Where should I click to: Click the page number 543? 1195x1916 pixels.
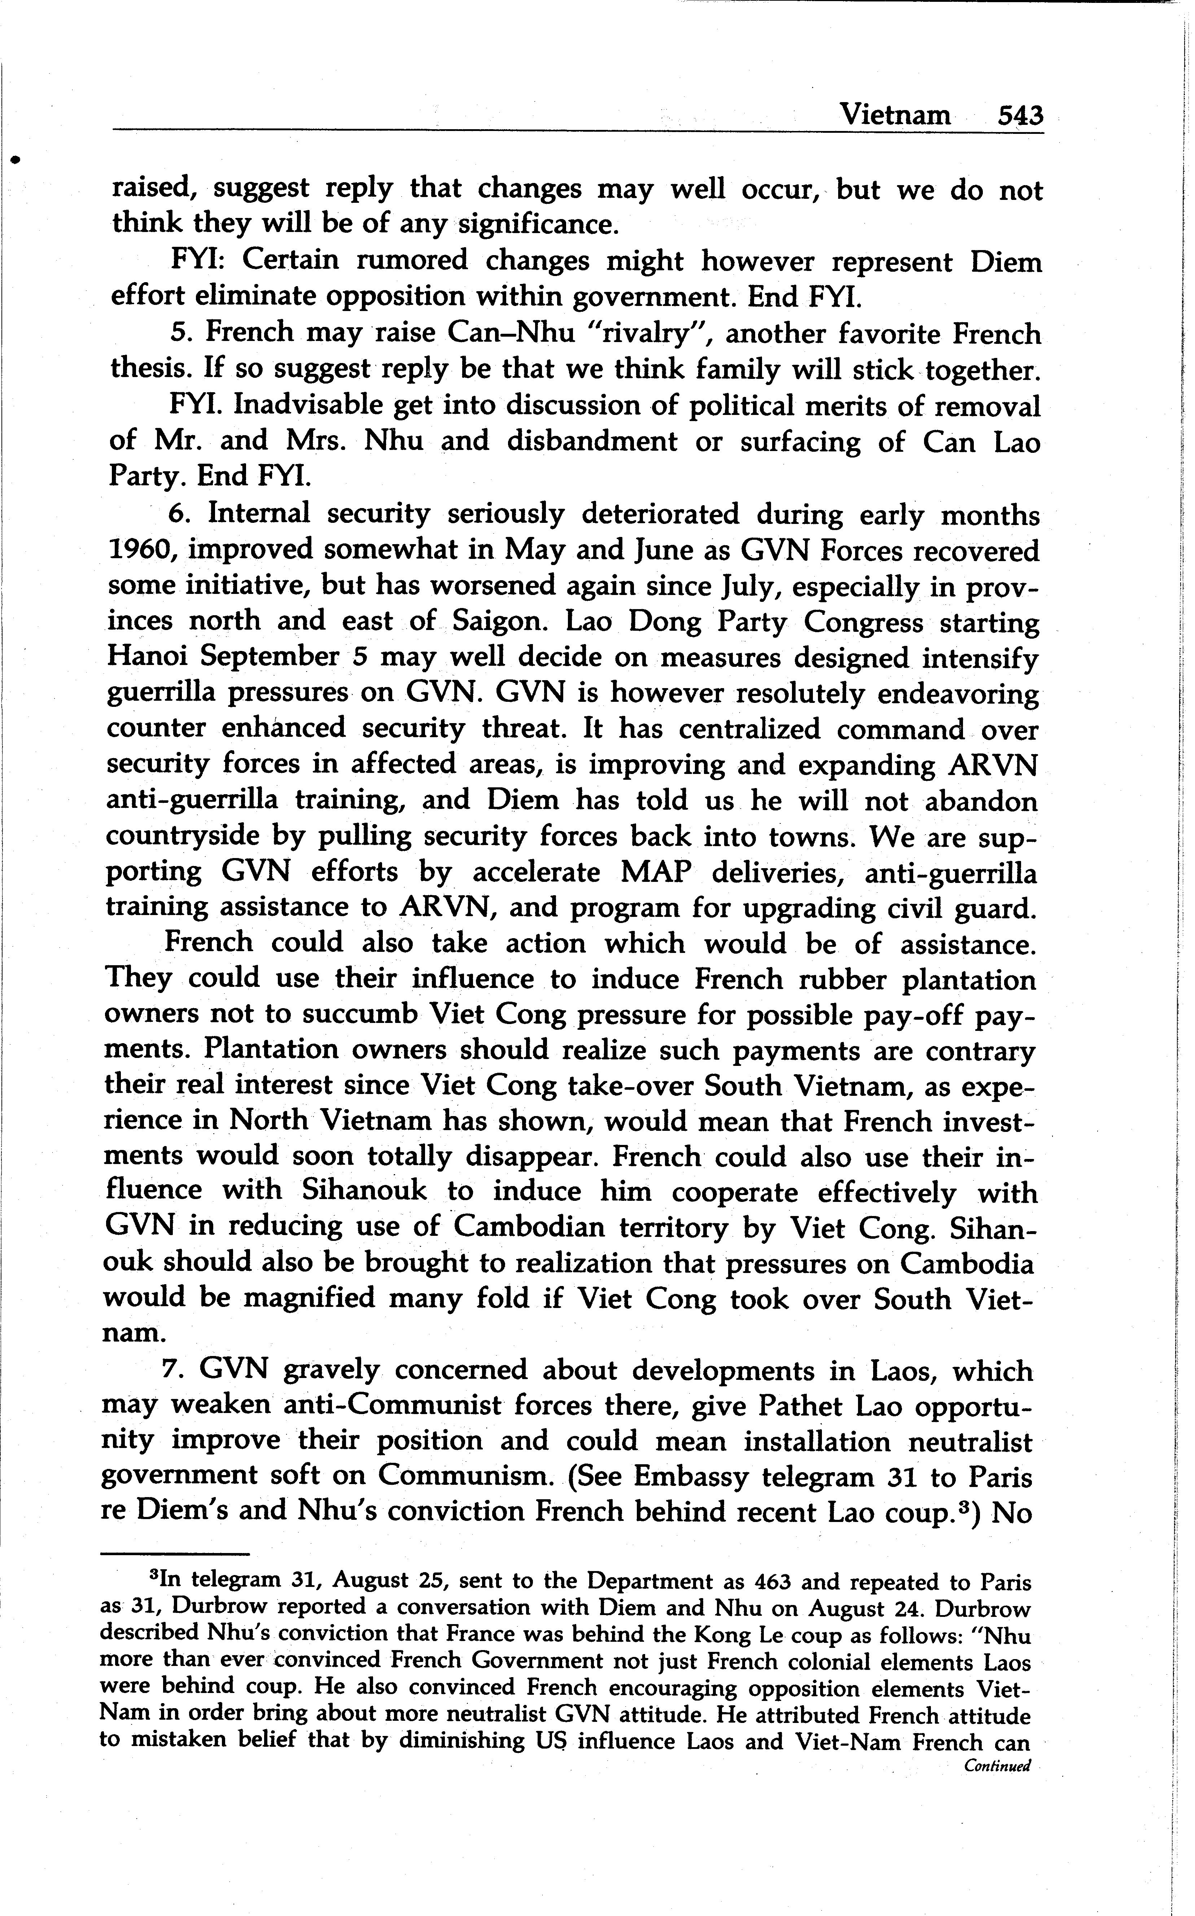pyautogui.click(x=1020, y=116)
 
